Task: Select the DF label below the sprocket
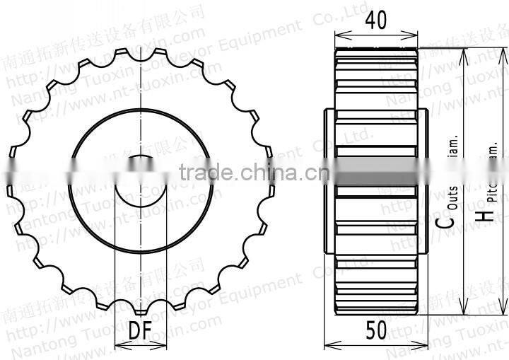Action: [x=141, y=329]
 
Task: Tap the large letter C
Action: [x=443, y=221]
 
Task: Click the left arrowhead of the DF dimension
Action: [x=118, y=346]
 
